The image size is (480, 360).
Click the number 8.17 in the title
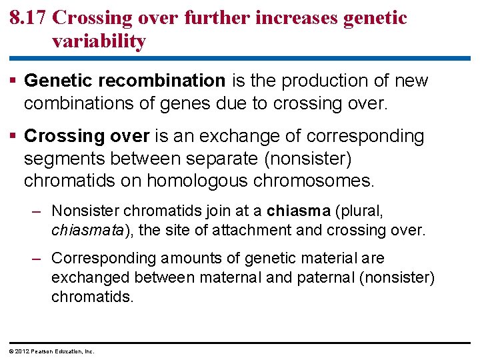(x=28, y=18)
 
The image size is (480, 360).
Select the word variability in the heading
(x=99, y=41)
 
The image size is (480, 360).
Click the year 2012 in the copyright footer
(x=21, y=351)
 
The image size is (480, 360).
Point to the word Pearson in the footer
(x=42, y=351)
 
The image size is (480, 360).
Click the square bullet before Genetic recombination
(x=15, y=81)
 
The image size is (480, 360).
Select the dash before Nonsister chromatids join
(x=39, y=212)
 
